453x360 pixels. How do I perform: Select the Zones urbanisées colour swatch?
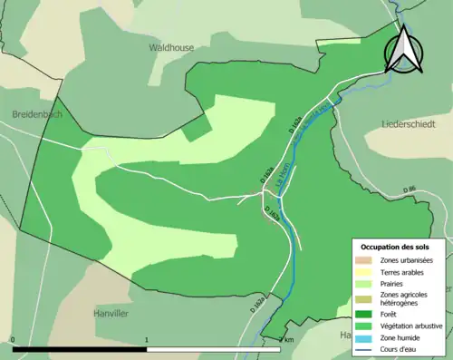pyautogui.click(x=367, y=260)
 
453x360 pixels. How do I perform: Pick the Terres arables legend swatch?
pyautogui.click(x=367, y=272)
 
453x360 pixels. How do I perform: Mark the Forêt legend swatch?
pyautogui.click(x=367, y=315)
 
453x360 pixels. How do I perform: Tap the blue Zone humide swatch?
pyautogui.click(x=367, y=338)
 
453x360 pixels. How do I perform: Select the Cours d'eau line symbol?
pyautogui.click(x=367, y=350)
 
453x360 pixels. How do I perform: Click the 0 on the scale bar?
pyautogui.click(x=13, y=339)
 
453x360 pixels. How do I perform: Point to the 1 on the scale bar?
pyautogui.click(x=147, y=339)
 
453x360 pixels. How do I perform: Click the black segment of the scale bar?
pyautogui.click(x=80, y=348)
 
